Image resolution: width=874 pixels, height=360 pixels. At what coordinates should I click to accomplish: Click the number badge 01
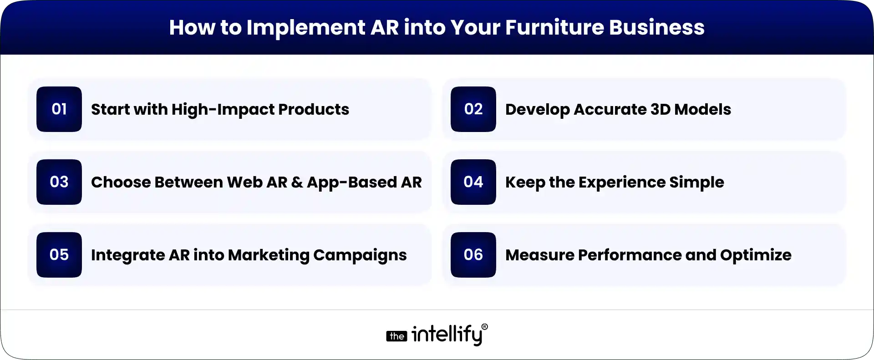coord(59,109)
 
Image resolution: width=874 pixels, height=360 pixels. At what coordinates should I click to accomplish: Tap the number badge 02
coord(473,109)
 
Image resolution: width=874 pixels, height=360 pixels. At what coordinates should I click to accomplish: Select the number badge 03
coord(59,182)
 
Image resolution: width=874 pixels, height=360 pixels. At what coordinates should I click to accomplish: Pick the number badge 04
coord(473,182)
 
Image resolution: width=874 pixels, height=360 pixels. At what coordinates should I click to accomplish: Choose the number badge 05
coord(59,255)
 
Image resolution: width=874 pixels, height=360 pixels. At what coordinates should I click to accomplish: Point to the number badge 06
coord(473,255)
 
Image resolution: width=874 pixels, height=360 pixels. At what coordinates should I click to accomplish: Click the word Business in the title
coord(656,27)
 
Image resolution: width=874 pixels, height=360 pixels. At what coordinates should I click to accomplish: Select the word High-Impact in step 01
coord(223,110)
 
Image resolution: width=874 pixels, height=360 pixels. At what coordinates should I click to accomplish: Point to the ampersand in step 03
coord(297,182)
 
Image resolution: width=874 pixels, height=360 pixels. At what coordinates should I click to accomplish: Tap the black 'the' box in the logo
coord(396,336)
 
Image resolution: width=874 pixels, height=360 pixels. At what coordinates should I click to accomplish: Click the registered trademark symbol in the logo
coord(484,327)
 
